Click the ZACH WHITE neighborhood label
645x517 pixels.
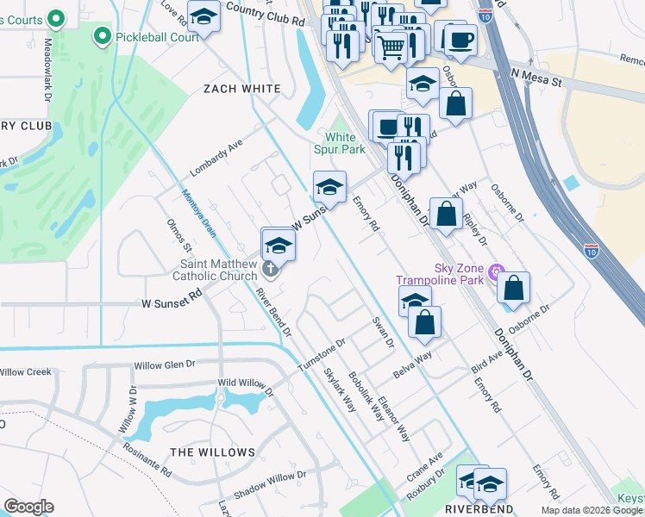[x=241, y=89]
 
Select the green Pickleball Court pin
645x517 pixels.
[x=103, y=35]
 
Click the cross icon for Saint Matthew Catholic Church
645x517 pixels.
[x=270, y=270]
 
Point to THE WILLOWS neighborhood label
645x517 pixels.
[x=212, y=452]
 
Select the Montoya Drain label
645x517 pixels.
[x=197, y=212]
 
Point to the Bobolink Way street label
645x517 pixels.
[x=366, y=396]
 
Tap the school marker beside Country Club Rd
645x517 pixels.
[x=204, y=16]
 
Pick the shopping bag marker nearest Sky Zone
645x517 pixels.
[x=513, y=289]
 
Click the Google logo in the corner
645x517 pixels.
[x=28, y=507]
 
